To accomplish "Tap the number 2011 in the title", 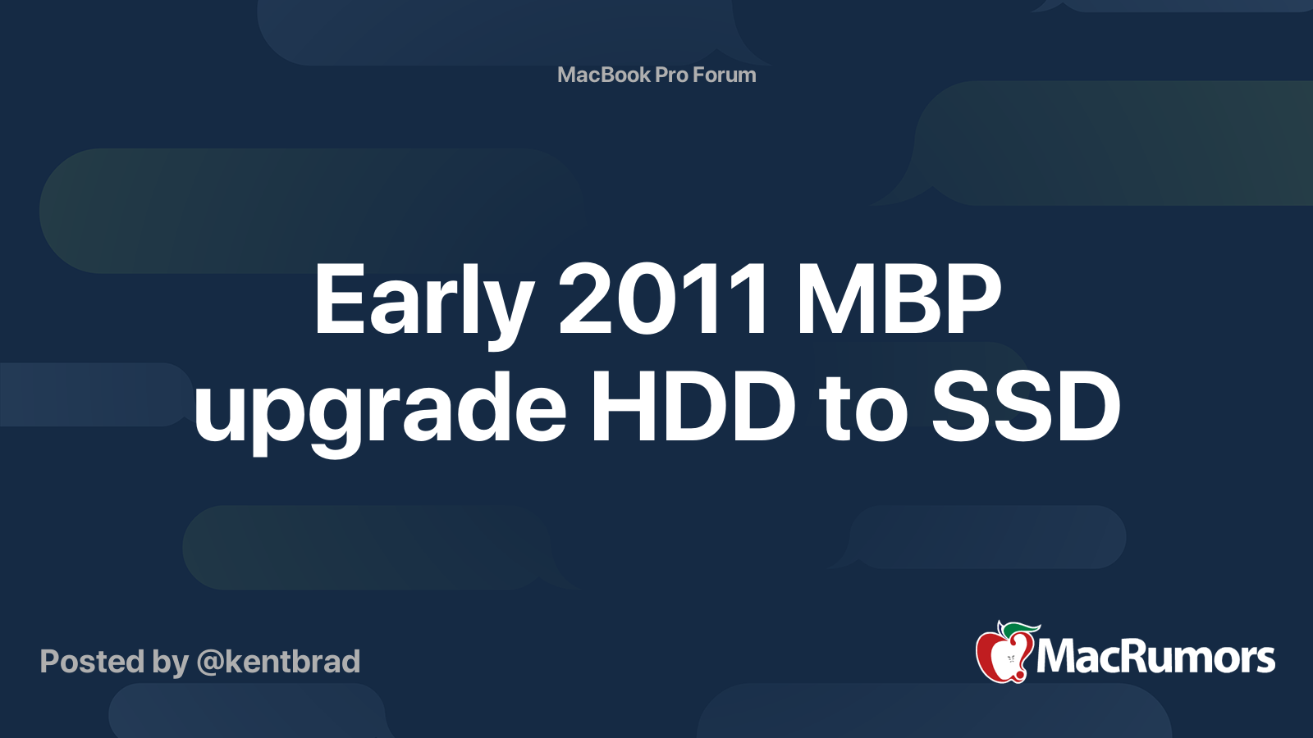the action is pos(662,299).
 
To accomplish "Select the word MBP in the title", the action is pos(897,299).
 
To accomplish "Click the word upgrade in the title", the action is pos(379,409).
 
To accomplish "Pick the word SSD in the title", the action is pos(1025,406).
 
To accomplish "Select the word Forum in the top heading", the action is pos(725,75).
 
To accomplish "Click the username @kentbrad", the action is pos(278,662).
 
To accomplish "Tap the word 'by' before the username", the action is pos(171,664).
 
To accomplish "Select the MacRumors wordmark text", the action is pos(1155,657).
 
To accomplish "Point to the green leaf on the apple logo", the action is pos(1020,630).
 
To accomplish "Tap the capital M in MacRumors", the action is pos(1057,657).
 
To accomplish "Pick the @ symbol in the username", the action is pos(211,663).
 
